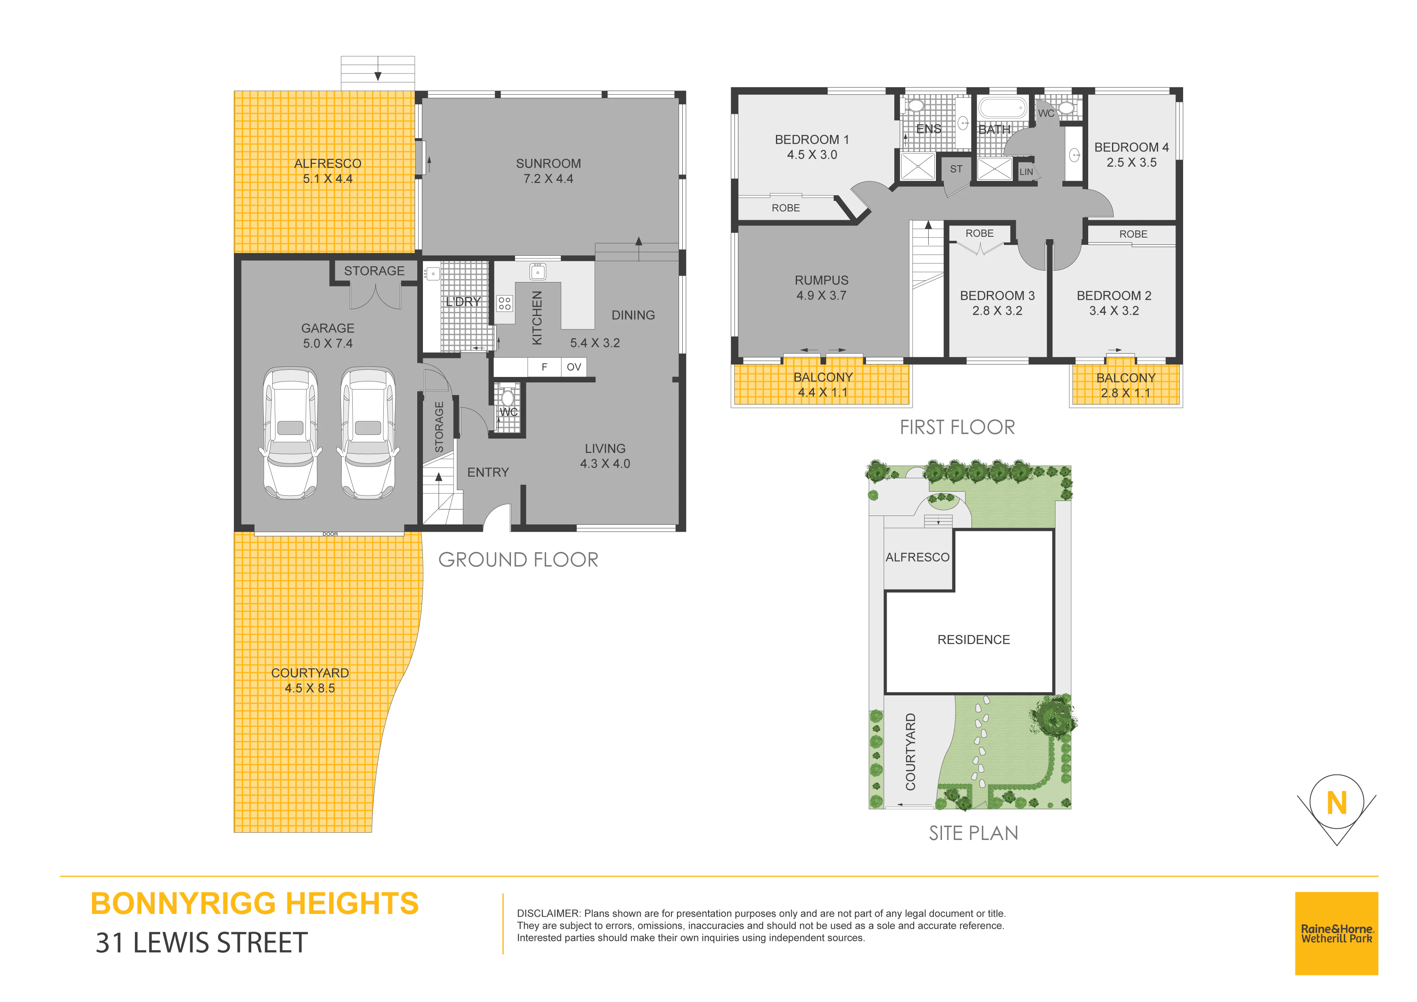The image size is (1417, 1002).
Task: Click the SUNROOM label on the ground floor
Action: tap(548, 164)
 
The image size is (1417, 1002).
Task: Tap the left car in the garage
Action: tap(291, 434)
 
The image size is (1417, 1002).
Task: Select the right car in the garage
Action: tap(368, 434)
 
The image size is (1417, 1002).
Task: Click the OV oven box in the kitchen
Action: tap(574, 367)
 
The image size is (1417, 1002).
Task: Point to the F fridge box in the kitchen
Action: tap(545, 367)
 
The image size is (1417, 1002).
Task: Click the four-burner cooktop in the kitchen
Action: tap(505, 303)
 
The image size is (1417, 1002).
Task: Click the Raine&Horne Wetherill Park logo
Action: tap(1336, 933)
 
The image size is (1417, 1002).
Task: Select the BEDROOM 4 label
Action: tap(1131, 147)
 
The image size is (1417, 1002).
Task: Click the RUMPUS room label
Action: tap(822, 280)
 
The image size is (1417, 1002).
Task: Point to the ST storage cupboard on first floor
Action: tap(956, 169)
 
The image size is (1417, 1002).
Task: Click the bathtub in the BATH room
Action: tap(1002, 108)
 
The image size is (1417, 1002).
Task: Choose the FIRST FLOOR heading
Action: tap(957, 427)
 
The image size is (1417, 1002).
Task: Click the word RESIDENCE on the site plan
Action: tap(973, 640)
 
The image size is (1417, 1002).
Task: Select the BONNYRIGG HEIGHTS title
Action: tap(254, 903)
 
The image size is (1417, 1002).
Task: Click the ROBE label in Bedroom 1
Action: tap(786, 208)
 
